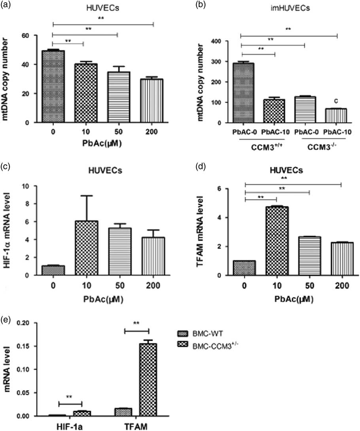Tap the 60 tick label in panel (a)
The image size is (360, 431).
26,36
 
